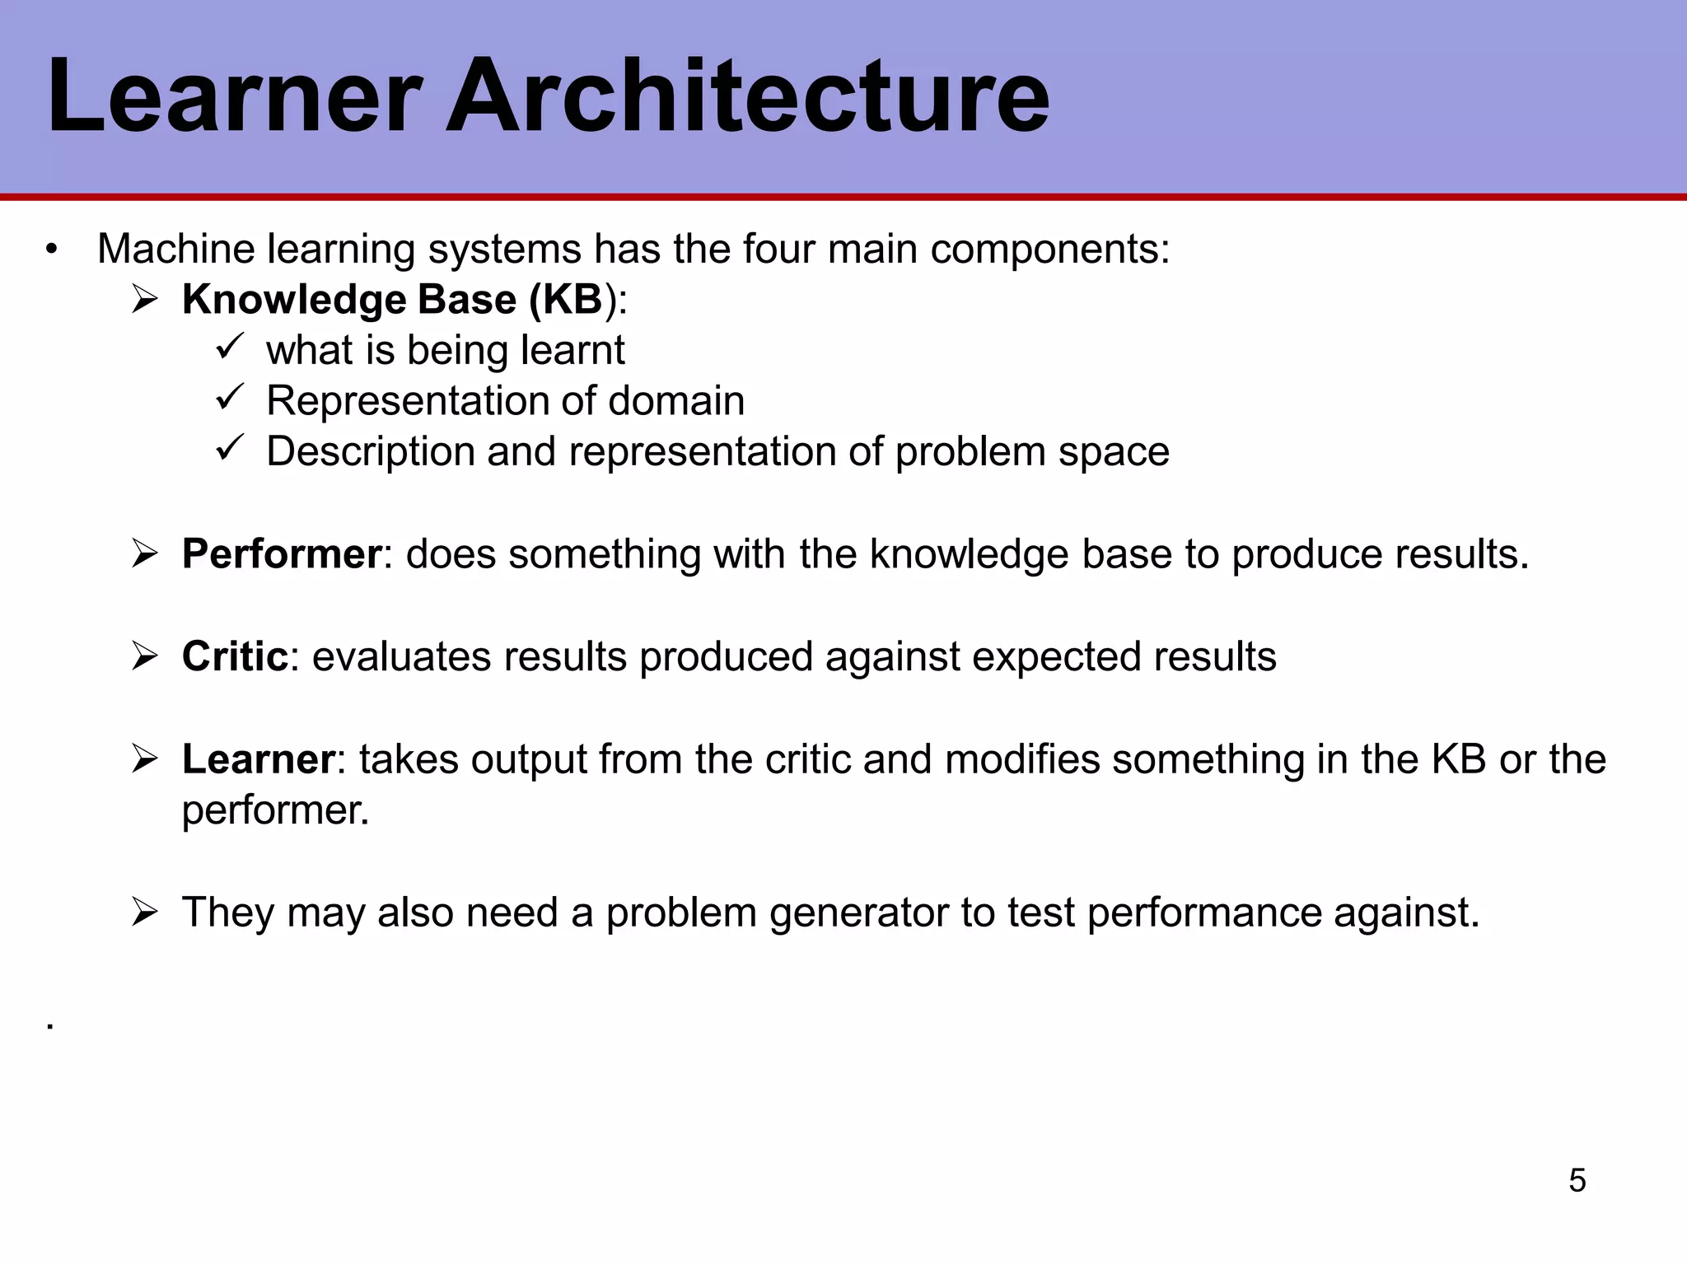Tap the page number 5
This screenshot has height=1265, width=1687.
click(1577, 1181)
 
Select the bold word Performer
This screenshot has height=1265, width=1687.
click(281, 553)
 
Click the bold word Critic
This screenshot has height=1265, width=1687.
click(235, 656)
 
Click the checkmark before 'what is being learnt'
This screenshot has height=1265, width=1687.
click(227, 347)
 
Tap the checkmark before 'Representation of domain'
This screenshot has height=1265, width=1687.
click(227, 398)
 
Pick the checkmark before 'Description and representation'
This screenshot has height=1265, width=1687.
click(227, 449)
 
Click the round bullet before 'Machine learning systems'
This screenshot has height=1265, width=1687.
click(52, 250)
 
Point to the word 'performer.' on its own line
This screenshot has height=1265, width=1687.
click(275, 810)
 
